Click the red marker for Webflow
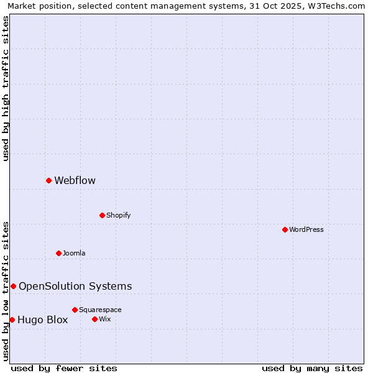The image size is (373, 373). coord(48,180)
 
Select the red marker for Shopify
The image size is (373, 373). coord(102,215)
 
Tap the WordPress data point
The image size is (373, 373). coord(285,229)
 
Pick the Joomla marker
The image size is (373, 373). coord(58,253)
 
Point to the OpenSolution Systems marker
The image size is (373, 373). coord(13,286)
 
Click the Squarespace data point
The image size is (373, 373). coord(75,310)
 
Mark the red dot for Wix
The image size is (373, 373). coord(94,319)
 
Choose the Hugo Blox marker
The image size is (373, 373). coord(12,320)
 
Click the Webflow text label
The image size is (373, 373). coord(75,181)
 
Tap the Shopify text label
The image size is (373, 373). coord(118,216)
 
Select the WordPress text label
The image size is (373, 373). coord(306,230)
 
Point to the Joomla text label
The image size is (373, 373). coord(74,254)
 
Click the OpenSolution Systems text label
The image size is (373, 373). coord(75,287)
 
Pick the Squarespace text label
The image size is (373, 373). coord(100,310)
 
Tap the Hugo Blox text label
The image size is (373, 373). coord(42,320)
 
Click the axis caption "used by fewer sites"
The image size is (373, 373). coord(64,368)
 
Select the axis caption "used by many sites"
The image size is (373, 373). coord(312,368)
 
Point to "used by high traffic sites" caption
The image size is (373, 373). coord(6,88)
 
